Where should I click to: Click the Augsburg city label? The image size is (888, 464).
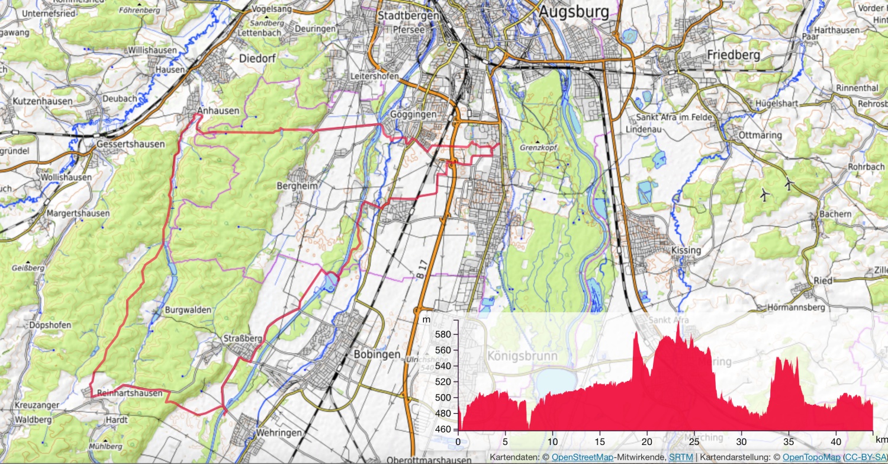pos(574,11)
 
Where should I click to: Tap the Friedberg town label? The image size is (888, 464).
pos(733,55)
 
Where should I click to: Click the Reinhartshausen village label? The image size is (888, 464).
pos(130,393)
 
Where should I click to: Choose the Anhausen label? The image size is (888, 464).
pos(218,111)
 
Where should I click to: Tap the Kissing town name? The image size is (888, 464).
pos(686,250)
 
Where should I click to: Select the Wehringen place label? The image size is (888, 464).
pos(279,433)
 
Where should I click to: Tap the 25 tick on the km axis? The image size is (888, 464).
pos(694,442)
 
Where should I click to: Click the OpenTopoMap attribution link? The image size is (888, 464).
pos(811,457)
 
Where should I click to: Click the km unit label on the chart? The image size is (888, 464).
pos(881,440)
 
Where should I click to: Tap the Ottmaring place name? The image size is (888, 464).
pos(760,135)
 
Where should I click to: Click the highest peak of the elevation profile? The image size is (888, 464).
pos(678,323)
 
